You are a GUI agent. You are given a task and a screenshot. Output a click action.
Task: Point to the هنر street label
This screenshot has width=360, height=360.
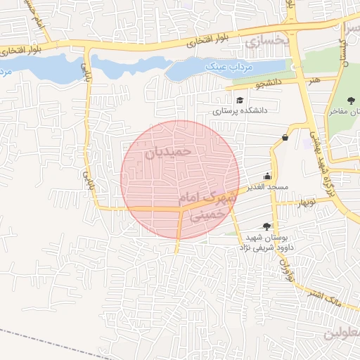coord(314,79)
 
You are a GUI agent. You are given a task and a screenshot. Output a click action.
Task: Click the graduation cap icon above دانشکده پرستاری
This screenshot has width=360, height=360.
coord(240,101)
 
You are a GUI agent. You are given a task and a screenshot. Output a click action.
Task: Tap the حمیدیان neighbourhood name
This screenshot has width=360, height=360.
coord(167,151)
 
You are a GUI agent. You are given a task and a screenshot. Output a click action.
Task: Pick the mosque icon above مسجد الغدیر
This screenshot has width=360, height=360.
coord(267,177)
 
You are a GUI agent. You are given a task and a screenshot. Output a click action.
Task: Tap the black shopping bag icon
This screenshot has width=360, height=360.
coord(285,137)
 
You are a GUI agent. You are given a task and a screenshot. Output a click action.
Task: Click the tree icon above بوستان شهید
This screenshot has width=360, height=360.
coord(266,226)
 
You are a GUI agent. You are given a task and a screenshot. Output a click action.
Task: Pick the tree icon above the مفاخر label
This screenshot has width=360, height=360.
coord(351,101)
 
